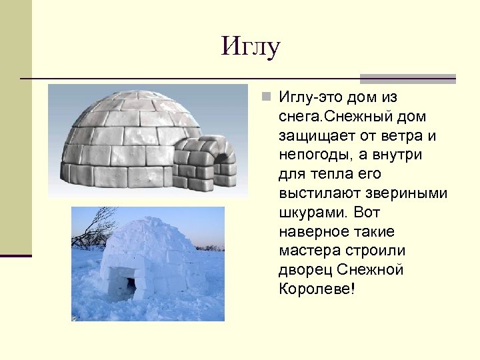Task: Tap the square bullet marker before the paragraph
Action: [x=266, y=98]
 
